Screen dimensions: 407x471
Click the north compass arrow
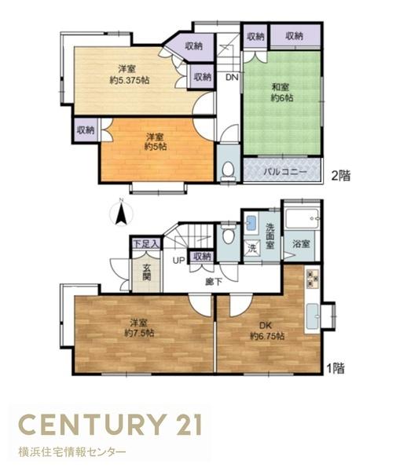[121, 214]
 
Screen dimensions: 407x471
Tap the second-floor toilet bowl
[229, 169]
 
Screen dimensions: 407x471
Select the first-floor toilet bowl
[229, 236]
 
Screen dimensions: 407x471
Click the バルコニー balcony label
[285, 172]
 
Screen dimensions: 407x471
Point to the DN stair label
[232, 78]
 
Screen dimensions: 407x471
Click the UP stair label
[179, 261]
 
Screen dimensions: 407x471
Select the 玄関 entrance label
[146, 272]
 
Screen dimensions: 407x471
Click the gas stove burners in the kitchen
[312, 279]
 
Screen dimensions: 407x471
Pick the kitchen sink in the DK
[313, 316]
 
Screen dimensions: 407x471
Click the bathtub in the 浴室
[302, 218]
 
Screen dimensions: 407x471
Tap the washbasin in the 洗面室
[251, 223]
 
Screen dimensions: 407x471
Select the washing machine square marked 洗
[252, 248]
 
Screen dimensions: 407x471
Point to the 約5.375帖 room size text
[130, 80]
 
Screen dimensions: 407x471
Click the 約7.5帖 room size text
[140, 333]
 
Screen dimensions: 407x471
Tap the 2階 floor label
[341, 176]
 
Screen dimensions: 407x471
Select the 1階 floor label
[335, 369]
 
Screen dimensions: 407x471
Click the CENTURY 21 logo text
[110, 425]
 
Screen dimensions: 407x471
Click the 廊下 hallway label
[214, 282]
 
